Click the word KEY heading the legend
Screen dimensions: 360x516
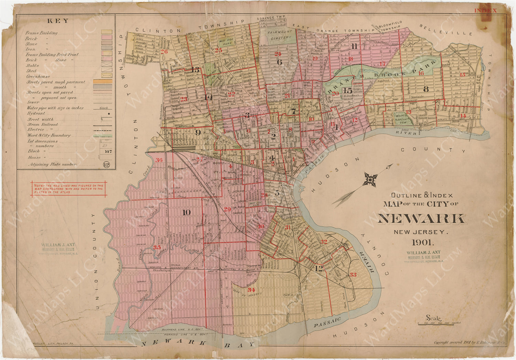[x=57, y=21]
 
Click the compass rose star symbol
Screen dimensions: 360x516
[x=371, y=179]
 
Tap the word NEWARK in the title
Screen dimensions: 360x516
[x=422, y=219]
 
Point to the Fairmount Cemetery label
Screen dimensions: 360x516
[x=281, y=35]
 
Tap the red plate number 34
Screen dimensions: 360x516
[x=251, y=290]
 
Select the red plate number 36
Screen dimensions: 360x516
[x=159, y=160]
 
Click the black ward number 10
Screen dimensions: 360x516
[x=186, y=212]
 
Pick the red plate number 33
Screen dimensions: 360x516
[x=353, y=274]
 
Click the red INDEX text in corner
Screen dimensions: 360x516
[x=485, y=11]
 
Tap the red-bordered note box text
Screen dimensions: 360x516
[x=68, y=189]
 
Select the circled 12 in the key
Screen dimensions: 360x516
[x=106, y=165]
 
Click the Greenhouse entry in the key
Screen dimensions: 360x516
[x=38, y=76]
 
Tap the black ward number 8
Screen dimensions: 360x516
[x=426, y=89]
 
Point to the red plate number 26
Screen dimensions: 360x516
[x=164, y=52]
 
